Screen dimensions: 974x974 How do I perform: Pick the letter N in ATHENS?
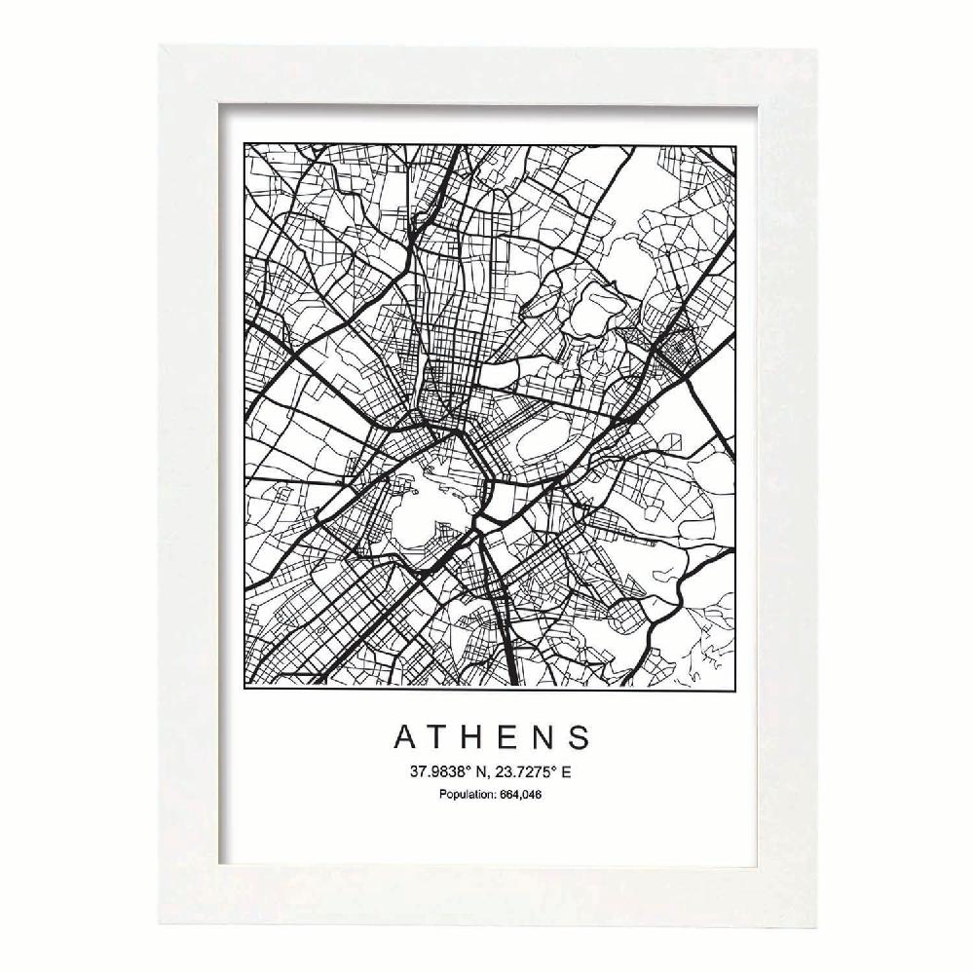point(547,737)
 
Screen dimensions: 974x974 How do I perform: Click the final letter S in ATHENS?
point(581,737)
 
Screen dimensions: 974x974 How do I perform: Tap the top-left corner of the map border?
point(243,145)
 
